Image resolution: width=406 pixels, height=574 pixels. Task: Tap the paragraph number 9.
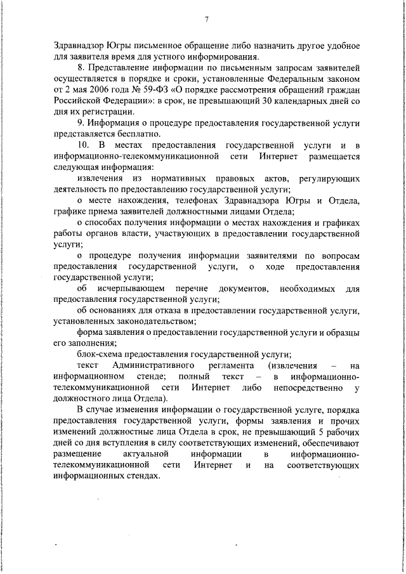pos(80,122)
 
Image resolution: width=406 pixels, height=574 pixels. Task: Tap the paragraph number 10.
pos(82,146)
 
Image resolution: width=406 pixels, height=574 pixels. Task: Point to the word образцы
pos(344,332)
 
